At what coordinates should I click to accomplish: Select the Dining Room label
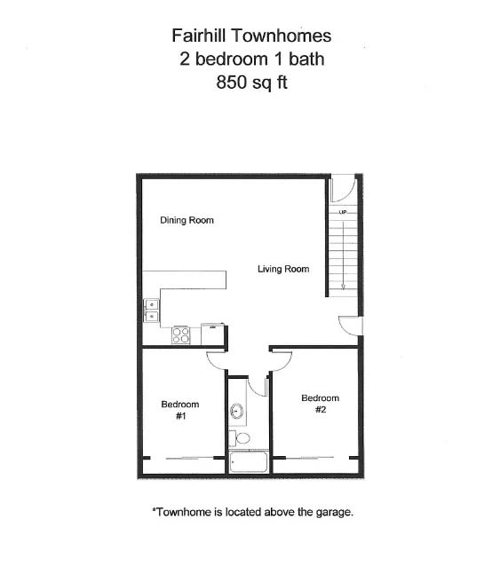187,220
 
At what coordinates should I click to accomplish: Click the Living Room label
283,269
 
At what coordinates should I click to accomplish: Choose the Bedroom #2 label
320,404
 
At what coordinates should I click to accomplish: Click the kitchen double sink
152,310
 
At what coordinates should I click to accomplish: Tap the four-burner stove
181,334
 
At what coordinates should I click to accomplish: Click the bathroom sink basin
237,411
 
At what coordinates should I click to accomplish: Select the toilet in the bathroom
242,437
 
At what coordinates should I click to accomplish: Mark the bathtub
248,461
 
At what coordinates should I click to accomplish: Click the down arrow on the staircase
343,282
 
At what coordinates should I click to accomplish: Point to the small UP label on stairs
343,213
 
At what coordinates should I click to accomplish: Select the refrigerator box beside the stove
213,334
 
